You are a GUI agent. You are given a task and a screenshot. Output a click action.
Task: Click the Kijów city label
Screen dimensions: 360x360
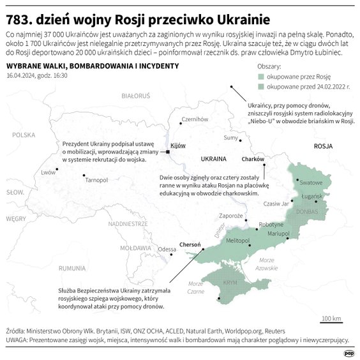click(x=178, y=145)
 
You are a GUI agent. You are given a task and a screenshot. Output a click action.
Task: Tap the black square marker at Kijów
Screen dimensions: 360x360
click(x=168, y=153)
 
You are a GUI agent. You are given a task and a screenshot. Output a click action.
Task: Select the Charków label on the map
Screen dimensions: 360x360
click(x=253, y=158)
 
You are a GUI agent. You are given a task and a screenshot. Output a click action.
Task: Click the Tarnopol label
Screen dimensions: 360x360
click(x=96, y=181)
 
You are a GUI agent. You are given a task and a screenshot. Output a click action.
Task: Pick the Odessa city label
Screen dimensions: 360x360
click(x=167, y=249)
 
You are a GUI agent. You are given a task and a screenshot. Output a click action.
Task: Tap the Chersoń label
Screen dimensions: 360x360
click(x=191, y=244)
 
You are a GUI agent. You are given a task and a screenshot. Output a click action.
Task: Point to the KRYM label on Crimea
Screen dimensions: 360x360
click(x=228, y=283)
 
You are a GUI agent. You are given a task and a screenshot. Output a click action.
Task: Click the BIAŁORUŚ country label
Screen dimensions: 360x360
click(x=135, y=96)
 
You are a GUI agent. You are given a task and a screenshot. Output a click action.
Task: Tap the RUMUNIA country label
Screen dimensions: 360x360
click(x=71, y=268)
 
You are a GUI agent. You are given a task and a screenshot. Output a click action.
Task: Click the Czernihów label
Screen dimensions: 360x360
click(x=195, y=119)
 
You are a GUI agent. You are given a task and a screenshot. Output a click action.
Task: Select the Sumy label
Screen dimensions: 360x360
click(x=230, y=137)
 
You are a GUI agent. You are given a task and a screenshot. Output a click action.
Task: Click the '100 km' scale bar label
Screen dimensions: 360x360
click(x=331, y=317)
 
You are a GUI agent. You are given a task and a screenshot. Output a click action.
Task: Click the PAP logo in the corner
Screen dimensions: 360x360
click(x=349, y=352)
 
